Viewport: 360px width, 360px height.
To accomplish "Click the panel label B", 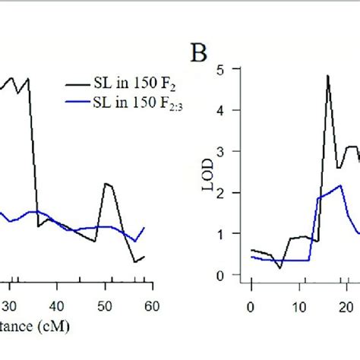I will click(x=198, y=54).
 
